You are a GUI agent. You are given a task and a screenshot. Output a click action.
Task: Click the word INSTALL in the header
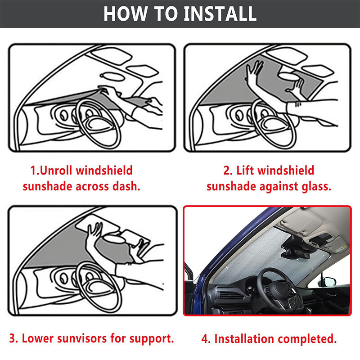(220, 13)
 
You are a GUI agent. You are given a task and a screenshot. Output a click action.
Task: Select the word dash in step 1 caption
(126, 186)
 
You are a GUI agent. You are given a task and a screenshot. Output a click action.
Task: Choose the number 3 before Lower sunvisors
(13, 339)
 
